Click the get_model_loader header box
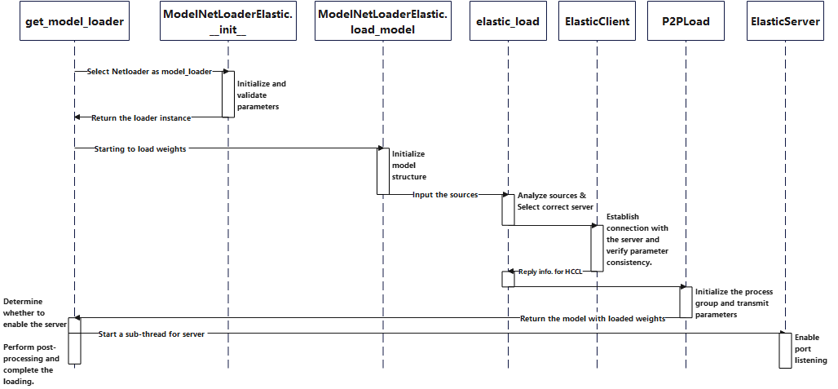coord(74,22)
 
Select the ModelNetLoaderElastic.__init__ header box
coord(228,22)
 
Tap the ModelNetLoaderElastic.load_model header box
coord(382,22)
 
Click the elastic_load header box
coord(508,22)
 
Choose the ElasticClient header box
coord(597,22)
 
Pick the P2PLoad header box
coord(686,22)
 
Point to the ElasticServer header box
coord(785,22)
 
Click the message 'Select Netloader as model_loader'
coord(149,72)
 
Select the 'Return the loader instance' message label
coord(141,118)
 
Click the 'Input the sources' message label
coord(444,195)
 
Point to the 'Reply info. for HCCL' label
coord(553,271)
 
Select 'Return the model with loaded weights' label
coord(593,318)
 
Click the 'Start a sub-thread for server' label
coord(152,334)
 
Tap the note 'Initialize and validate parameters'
coord(261,95)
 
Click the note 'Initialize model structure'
coord(409,165)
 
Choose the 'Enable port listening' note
coord(811,348)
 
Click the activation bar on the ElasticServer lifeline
coord(785,350)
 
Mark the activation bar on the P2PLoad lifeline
coord(686,302)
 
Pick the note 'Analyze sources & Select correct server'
coord(554,201)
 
